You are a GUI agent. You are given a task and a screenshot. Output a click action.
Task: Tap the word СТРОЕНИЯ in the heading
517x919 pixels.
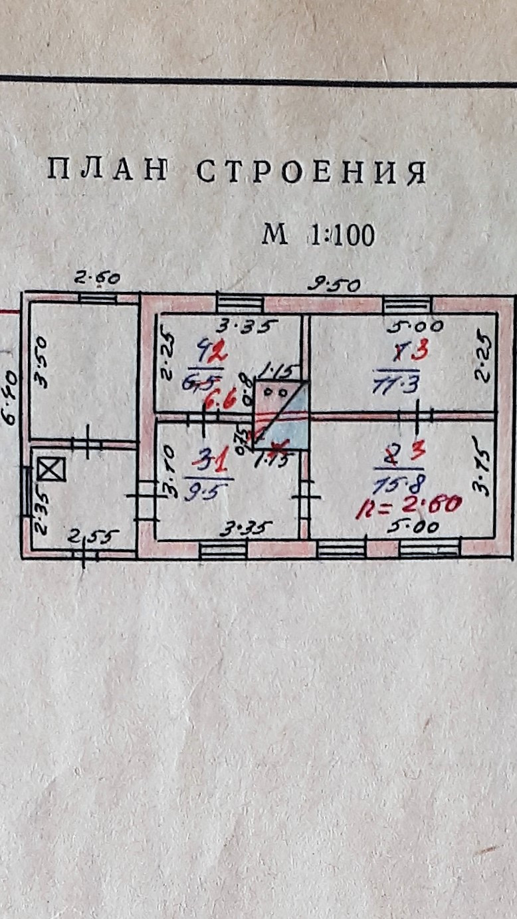pyautogui.click(x=311, y=172)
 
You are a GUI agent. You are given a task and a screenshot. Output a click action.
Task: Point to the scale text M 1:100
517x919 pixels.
pyautogui.click(x=318, y=235)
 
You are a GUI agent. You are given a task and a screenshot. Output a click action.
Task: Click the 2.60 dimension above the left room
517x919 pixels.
pyautogui.click(x=97, y=278)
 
